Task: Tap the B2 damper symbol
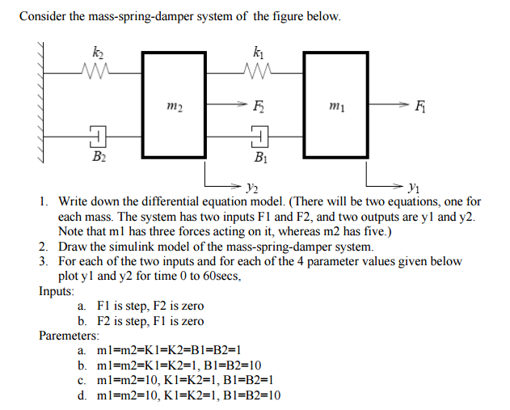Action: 98,137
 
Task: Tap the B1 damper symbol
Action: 260,137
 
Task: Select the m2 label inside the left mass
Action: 175,106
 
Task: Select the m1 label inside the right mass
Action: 337,106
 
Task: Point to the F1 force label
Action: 419,106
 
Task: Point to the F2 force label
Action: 259,106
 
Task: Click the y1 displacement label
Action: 414,188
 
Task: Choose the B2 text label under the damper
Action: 99,157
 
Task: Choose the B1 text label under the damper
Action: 261,158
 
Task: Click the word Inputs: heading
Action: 57,290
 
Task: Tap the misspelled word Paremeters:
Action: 70,335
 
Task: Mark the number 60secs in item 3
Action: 221,276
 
